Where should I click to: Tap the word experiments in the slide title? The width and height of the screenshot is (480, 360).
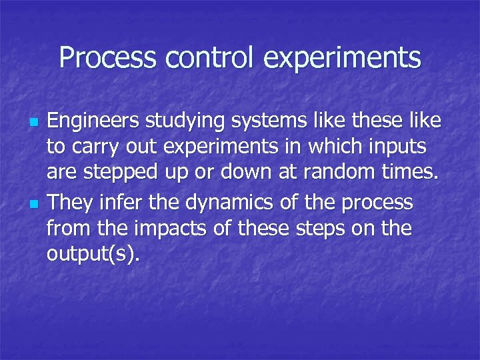(x=343, y=59)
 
